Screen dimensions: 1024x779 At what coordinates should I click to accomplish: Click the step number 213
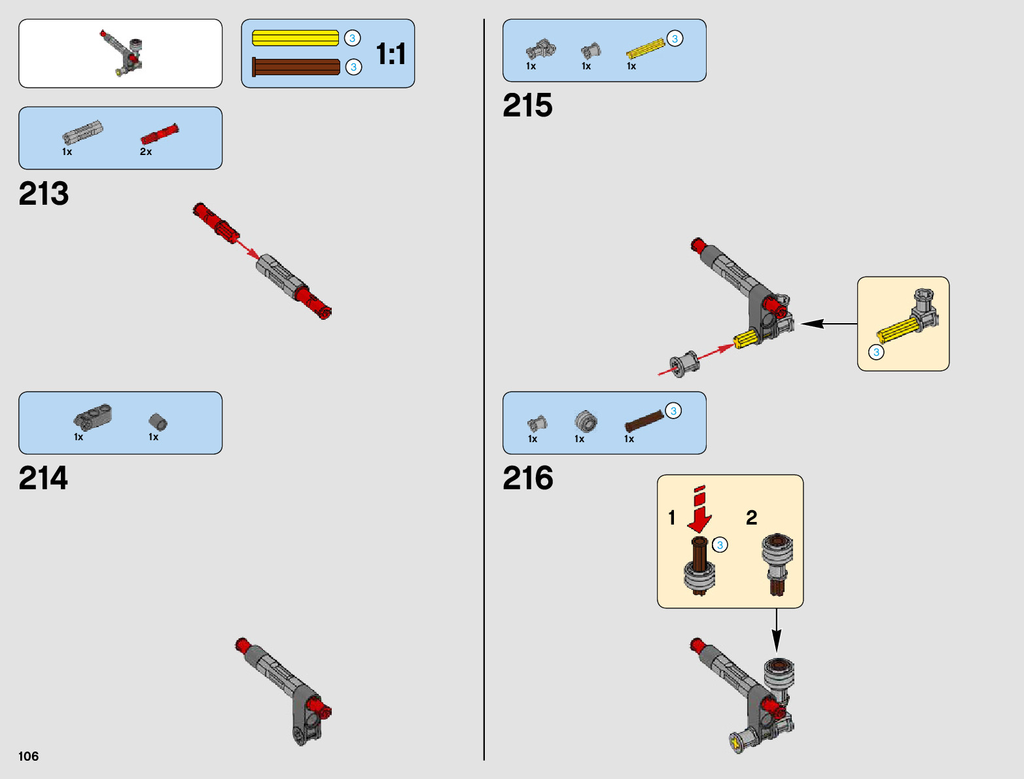pos(44,194)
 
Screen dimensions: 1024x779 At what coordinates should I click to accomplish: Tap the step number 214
pos(43,479)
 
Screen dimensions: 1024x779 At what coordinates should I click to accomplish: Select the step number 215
pos(527,106)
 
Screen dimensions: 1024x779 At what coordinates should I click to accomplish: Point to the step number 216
pos(527,479)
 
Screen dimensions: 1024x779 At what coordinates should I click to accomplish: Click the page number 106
pos(29,757)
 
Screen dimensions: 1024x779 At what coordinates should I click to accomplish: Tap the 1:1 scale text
pos(391,54)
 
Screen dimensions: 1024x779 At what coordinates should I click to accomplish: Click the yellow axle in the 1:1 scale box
pos(295,39)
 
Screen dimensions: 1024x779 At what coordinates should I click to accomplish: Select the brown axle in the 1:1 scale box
pos(296,67)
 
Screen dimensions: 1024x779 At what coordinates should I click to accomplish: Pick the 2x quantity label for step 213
pos(146,152)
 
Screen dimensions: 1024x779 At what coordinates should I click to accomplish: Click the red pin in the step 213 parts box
pos(160,133)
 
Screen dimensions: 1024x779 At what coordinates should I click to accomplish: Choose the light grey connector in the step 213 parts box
pos(82,133)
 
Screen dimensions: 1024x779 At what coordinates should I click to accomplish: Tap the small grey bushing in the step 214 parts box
pos(158,422)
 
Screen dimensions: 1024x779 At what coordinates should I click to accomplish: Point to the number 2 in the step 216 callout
pos(752,518)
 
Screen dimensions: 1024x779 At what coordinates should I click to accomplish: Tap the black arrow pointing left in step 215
pos(828,323)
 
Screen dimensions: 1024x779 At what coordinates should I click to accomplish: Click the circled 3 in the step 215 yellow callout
pos(876,352)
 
